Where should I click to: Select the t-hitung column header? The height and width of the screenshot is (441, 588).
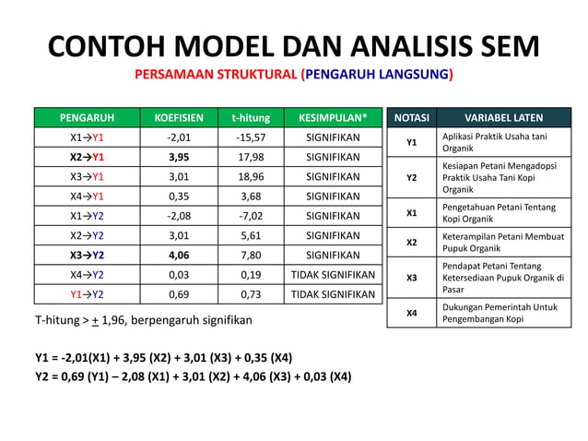[x=250, y=118]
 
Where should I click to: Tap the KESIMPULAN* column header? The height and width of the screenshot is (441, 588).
[x=333, y=118]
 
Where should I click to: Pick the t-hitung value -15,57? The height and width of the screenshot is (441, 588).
[x=250, y=137]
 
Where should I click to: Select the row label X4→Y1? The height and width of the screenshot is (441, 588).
[x=88, y=197]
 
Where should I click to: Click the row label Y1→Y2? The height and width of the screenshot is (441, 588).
[x=88, y=294]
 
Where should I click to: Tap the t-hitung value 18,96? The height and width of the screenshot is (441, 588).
[x=250, y=177]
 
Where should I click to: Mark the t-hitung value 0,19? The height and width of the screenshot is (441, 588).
[x=250, y=275]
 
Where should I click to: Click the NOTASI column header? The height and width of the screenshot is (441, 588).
[x=411, y=118]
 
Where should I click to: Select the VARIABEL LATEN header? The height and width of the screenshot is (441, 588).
[x=503, y=118]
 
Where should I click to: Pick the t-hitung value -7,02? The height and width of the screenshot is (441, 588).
[x=250, y=216]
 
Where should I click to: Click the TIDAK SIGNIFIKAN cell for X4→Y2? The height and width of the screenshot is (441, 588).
[x=333, y=275]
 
